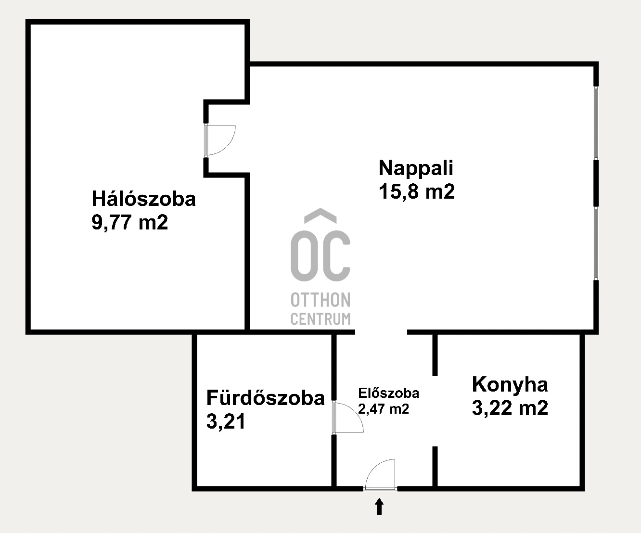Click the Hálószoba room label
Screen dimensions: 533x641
144,199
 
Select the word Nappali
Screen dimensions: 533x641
416,168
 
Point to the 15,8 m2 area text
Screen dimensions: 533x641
417,191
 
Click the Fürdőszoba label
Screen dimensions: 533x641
265,398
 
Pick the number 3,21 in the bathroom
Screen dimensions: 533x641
226,422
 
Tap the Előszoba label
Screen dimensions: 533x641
388,393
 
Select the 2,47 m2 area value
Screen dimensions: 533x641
384,409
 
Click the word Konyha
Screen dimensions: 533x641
510,384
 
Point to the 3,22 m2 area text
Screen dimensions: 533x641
510,408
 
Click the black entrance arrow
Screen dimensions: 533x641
379,506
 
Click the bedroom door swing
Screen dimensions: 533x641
220,140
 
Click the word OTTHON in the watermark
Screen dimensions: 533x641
320,300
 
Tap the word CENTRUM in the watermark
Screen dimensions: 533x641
320,318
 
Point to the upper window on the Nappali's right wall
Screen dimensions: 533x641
596,123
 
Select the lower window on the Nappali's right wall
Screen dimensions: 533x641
596,243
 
